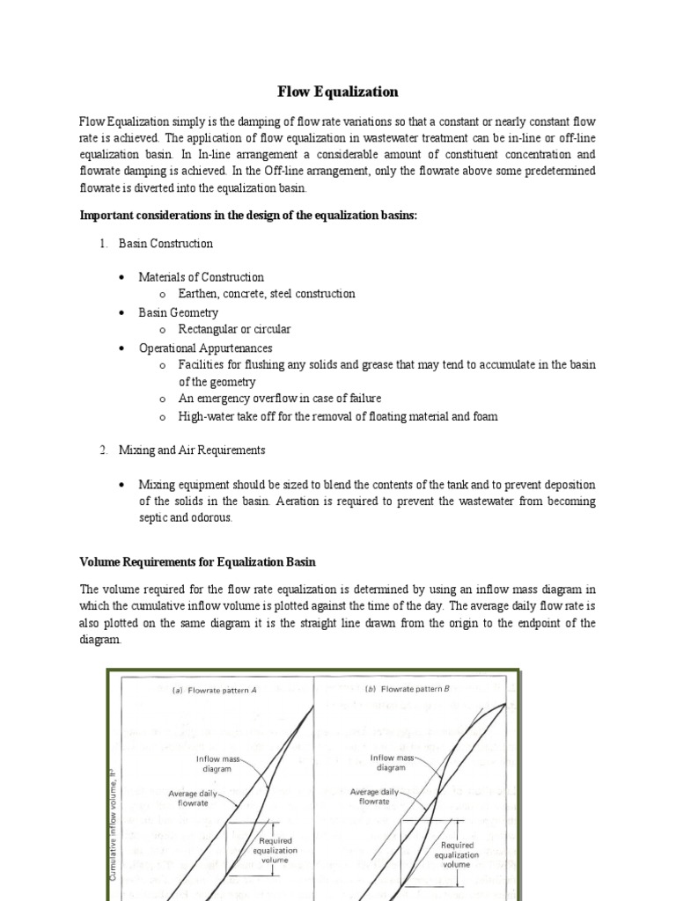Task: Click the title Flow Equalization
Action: click(x=338, y=92)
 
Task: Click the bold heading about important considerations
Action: click(x=248, y=216)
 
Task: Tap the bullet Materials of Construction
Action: click(x=201, y=277)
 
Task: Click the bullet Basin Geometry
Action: click(x=178, y=312)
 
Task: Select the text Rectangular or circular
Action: click(x=234, y=329)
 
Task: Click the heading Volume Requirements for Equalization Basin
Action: click(x=198, y=561)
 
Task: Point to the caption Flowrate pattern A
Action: click(x=216, y=691)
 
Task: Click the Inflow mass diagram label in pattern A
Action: click(x=214, y=762)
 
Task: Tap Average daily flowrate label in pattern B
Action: click(x=375, y=796)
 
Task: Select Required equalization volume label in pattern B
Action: click(x=456, y=854)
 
